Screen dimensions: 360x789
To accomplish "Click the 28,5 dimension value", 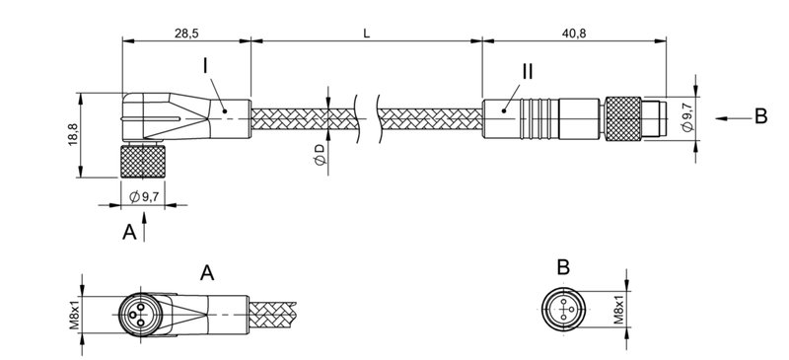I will point(185,33).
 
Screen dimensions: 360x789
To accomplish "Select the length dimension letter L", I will point(366,33).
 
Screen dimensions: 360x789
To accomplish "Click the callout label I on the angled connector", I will point(204,68).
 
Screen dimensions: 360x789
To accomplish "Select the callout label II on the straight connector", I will point(528,73).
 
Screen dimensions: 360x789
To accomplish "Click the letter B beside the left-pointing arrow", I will point(760,117).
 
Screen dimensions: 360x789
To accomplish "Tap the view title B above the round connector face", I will point(562,268).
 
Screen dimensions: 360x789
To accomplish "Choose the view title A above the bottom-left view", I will point(207,272).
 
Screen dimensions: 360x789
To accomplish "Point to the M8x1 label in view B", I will point(618,310).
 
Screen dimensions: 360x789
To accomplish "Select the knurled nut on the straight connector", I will point(624,116).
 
